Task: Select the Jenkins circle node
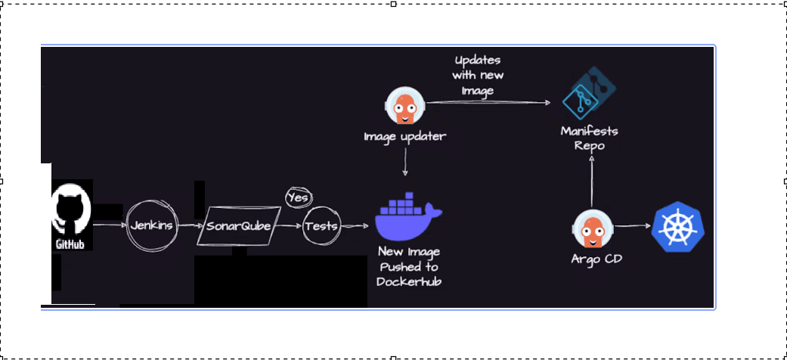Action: (x=153, y=225)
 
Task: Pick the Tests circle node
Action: (x=321, y=226)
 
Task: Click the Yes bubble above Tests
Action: (x=298, y=197)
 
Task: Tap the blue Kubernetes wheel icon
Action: (x=678, y=227)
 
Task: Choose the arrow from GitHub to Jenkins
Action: (x=110, y=225)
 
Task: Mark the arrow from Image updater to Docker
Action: (x=406, y=163)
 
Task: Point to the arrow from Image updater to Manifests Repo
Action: (x=491, y=102)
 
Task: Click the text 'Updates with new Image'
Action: (x=478, y=75)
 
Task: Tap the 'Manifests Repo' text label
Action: (x=589, y=138)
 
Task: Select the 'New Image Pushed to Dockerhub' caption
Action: (x=409, y=266)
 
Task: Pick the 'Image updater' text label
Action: (x=404, y=137)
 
